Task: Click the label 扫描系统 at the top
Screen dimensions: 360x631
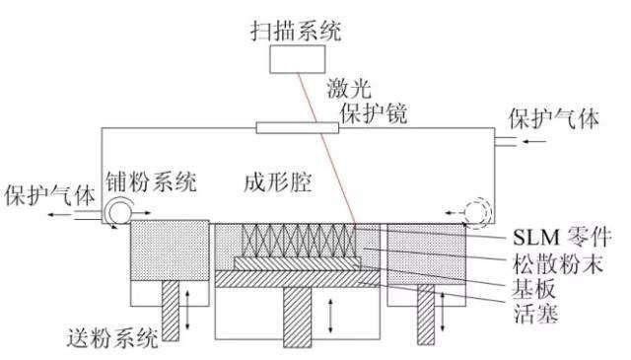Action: [x=295, y=34]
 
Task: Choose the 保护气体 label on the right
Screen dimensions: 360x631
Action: [x=547, y=120]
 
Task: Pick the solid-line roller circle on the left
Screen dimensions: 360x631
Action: [x=125, y=210]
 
